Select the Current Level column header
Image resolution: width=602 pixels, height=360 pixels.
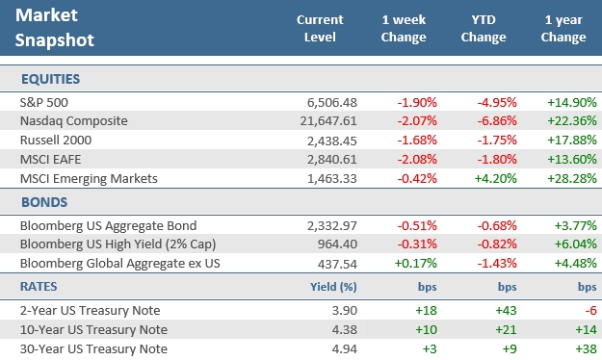319,29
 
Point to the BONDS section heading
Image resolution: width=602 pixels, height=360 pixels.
42,203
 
